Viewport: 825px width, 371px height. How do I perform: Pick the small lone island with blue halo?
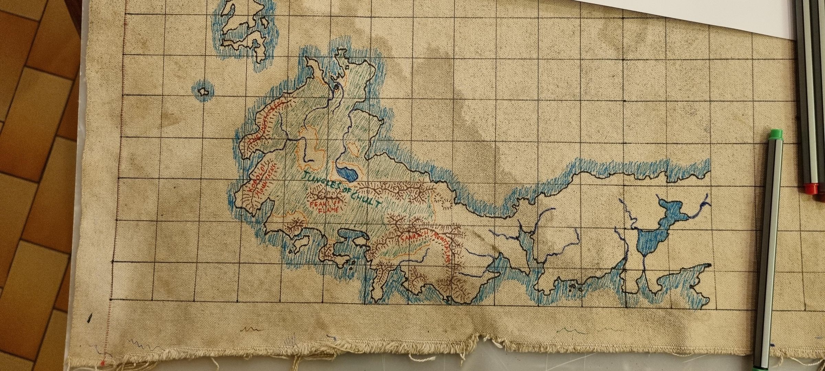(x=203, y=92)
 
